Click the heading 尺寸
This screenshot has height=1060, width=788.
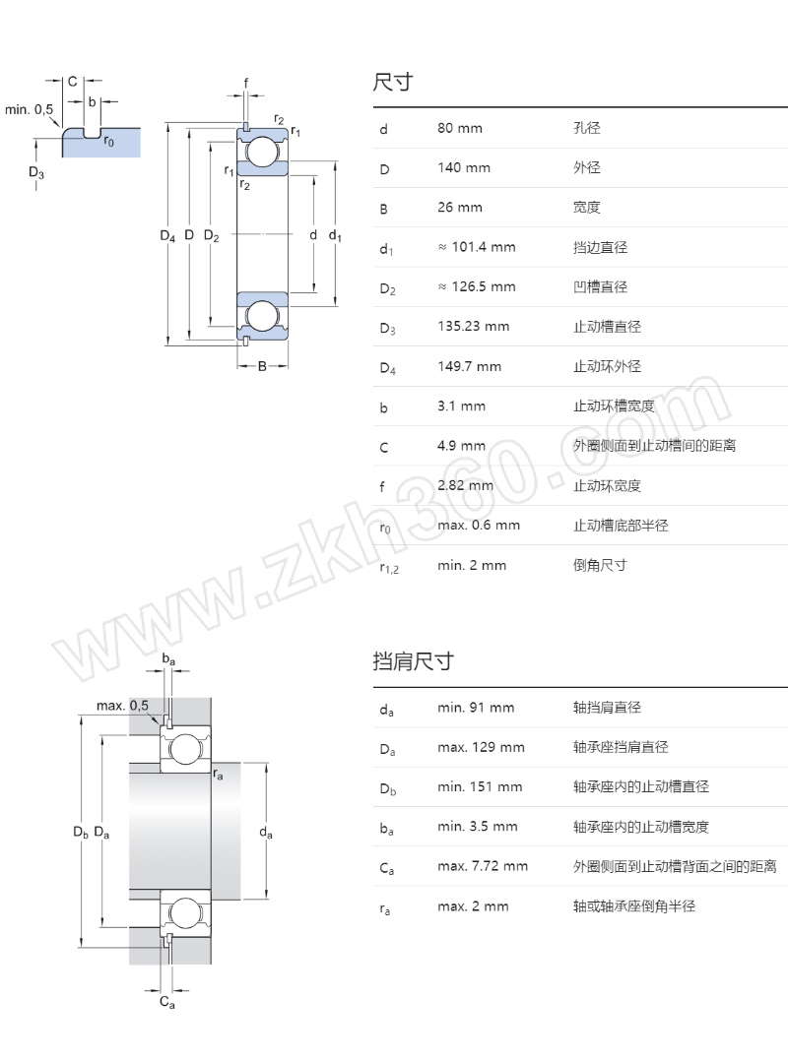tap(392, 83)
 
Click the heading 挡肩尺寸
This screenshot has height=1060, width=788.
tap(413, 661)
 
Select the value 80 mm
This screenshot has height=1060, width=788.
tap(460, 128)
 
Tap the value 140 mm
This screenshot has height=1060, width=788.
tap(464, 168)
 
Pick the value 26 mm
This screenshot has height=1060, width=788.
tap(460, 208)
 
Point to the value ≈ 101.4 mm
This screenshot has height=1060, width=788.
tap(477, 247)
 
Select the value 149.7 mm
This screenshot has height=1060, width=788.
tap(470, 366)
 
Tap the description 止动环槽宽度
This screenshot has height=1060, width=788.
tap(613, 406)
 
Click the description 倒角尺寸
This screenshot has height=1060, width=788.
tap(600, 565)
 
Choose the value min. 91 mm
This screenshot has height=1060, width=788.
tap(476, 708)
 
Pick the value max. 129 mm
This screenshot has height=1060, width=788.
tap(481, 747)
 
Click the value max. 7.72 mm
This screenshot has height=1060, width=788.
tap(483, 866)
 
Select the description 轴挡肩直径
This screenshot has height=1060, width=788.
tap(607, 708)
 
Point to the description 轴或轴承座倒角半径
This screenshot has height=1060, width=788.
tap(634, 905)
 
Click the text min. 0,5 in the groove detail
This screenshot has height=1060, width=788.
tap(30, 109)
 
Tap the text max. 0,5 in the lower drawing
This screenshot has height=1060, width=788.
tap(122, 706)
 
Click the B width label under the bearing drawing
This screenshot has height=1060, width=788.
tap(262, 367)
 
